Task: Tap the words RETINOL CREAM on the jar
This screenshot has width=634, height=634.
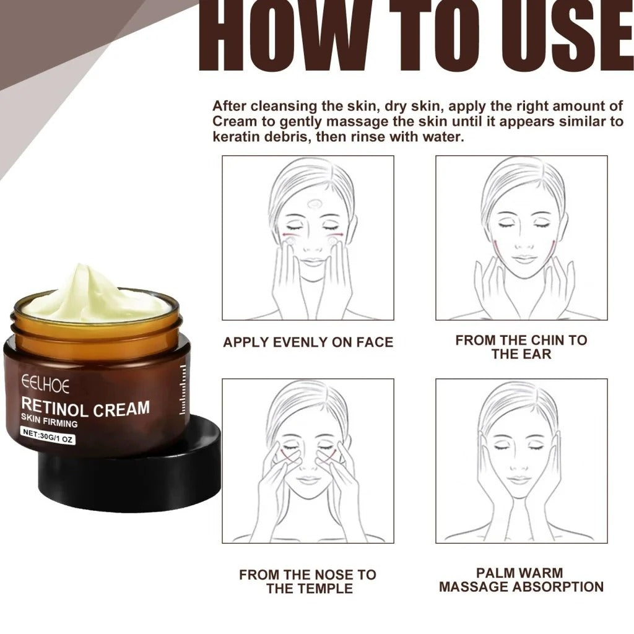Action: point(85,408)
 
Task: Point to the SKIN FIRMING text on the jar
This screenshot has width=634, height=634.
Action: point(50,423)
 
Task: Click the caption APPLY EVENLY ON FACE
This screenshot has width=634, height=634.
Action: point(308,342)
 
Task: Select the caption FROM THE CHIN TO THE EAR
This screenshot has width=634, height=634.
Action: point(521,347)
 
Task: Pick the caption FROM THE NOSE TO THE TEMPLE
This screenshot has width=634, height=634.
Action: point(308,581)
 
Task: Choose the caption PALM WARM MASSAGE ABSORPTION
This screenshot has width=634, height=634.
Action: point(521,580)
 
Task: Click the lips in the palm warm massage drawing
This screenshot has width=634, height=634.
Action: point(520,479)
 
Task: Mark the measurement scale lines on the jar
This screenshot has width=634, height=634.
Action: point(183,390)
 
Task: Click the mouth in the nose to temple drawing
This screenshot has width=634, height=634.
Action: point(308,480)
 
